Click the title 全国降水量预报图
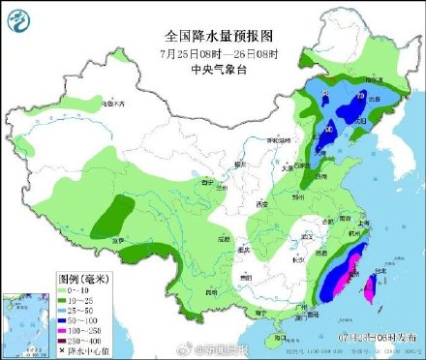pos(212,35)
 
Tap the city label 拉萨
pos(118,239)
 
